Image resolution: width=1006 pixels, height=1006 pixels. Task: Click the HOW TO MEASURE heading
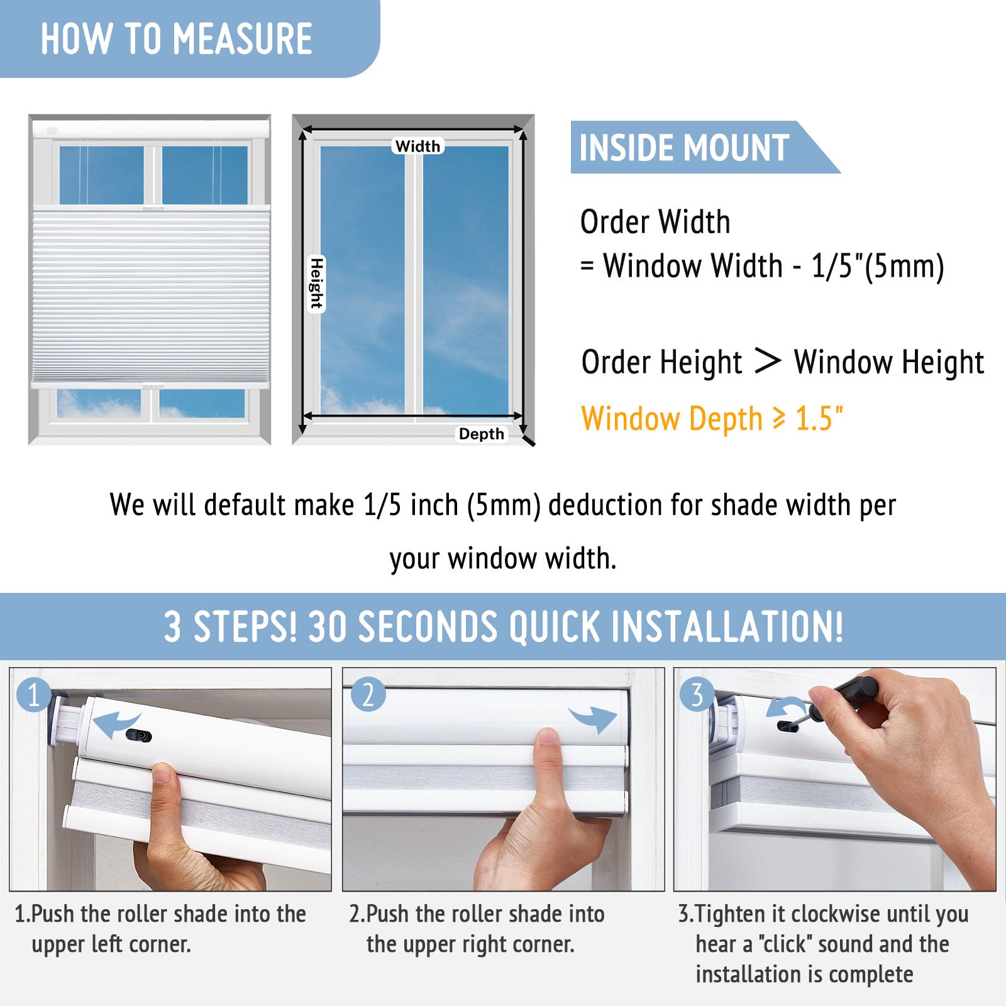coord(176,39)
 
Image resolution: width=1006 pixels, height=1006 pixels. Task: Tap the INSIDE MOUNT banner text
coord(684,148)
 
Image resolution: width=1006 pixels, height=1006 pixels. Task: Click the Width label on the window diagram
coord(418,146)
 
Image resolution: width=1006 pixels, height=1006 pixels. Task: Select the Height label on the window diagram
coord(316,284)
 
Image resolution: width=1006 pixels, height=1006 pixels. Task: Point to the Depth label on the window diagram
coord(482,434)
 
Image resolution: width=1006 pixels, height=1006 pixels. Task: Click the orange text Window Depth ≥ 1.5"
coord(712,419)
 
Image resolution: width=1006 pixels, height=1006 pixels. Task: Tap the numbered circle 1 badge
coord(34,695)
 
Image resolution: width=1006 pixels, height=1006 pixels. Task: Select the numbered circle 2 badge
coord(368,695)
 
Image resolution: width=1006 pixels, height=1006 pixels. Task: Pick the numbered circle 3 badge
coord(697,695)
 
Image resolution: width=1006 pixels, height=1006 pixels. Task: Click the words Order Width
coord(655,222)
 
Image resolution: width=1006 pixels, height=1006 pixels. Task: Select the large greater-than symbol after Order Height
coord(768,361)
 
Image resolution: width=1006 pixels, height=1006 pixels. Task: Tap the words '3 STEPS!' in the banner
coord(230,627)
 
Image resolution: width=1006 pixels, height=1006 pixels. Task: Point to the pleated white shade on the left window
coord(151,296)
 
